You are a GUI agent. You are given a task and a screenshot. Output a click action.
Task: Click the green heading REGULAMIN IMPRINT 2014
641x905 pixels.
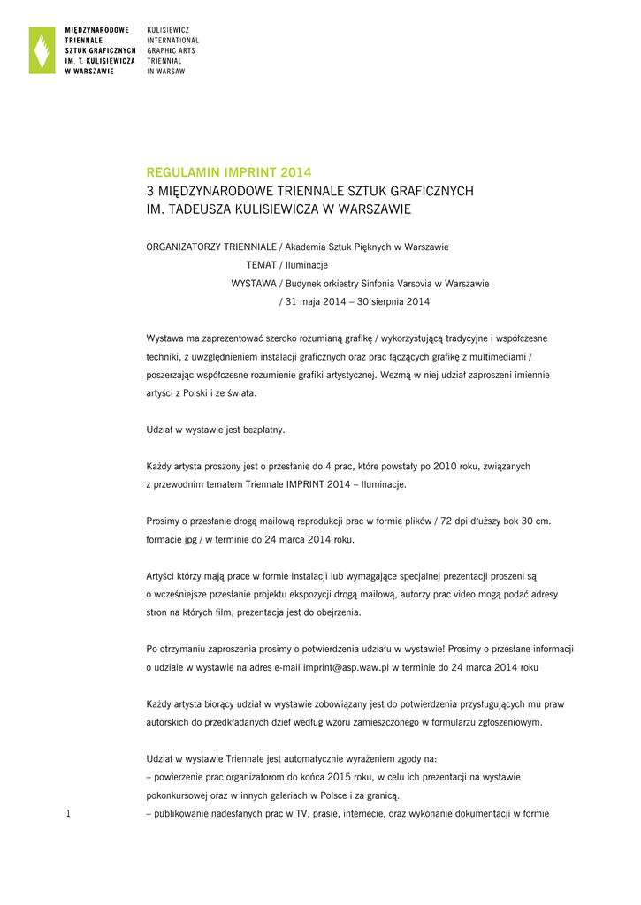[x=228, y=172]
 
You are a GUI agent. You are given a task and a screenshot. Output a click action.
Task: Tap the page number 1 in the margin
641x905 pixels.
[x=68, y=814]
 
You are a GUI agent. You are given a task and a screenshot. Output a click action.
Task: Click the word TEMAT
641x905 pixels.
[x=261, y=265]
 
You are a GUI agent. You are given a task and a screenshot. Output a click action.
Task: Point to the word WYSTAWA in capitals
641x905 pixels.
[x=253, y=284]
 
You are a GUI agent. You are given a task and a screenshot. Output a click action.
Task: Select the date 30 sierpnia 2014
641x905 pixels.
[x=386, y=302]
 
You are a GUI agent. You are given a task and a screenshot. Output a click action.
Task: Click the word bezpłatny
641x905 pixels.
[x=258, y=430]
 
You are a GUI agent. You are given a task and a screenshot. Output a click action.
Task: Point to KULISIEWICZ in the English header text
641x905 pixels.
[x=167, y=30]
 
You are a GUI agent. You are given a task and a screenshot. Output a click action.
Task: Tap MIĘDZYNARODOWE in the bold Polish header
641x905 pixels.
[x=97, y=30]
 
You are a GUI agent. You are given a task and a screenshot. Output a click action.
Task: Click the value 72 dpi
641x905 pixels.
[x=463, y=521]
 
